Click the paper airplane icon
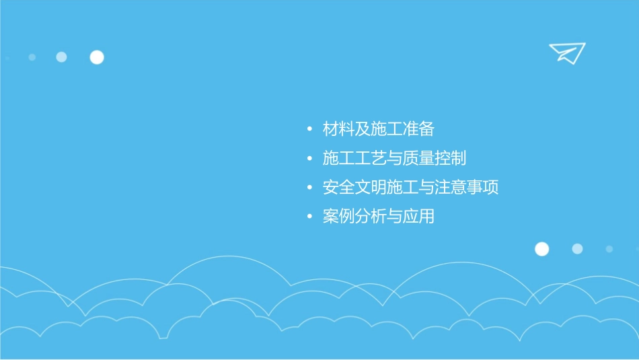click(x=567, y=52)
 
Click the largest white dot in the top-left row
click(x=97, y=57)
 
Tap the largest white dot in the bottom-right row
click(x=541, y=249)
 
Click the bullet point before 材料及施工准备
click(x=309, y=129)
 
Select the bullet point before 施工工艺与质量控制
click(x=309, y=159)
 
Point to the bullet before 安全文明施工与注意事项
click(x=309, y=188)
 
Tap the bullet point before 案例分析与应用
click(x=309, y=217)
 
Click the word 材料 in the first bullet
click(x=338, y=129)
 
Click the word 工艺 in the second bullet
click(x=371, y=159)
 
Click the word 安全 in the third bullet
click(x=338, y=188)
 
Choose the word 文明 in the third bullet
click(x=371, y=188)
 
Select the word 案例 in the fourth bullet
click(x=338, y=217)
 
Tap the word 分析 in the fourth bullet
click(x=371, y=217)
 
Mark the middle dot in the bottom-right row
click(x=577, y=249)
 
